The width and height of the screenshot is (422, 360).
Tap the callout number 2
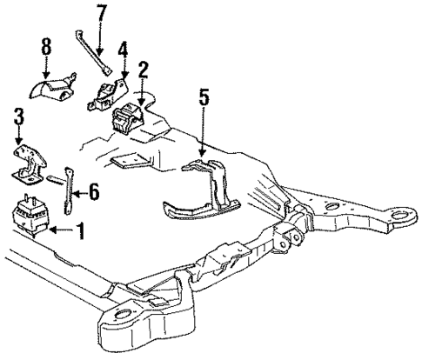142,68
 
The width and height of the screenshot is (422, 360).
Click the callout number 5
203,96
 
